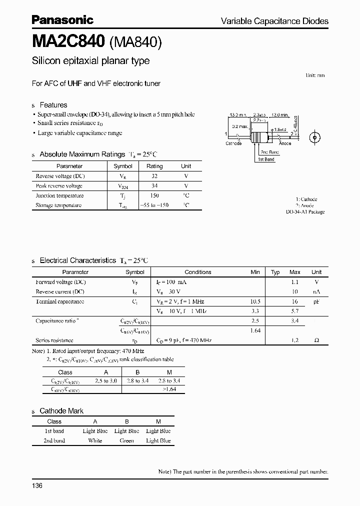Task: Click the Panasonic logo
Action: tap(62, 20)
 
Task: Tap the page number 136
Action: tap(37, 486)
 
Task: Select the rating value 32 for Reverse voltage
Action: tap(154, 176)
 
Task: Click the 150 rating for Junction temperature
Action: tap(154, 195)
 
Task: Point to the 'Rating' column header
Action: tap(154, 166)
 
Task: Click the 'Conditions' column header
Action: tap(198, 272)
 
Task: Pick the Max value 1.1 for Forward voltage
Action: tap(295, 282)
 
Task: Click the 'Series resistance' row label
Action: tap(54, 340)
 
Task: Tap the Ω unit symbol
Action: tap(316, 340)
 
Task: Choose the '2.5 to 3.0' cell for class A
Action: tap(105, 381)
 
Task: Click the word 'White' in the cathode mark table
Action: tap(95, 440)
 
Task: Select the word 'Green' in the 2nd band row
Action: tap(126, 440)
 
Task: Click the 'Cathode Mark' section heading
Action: tap(61, 411)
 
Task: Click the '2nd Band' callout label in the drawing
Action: tap(270, 152)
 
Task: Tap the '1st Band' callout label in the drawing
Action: tap(266, 159)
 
